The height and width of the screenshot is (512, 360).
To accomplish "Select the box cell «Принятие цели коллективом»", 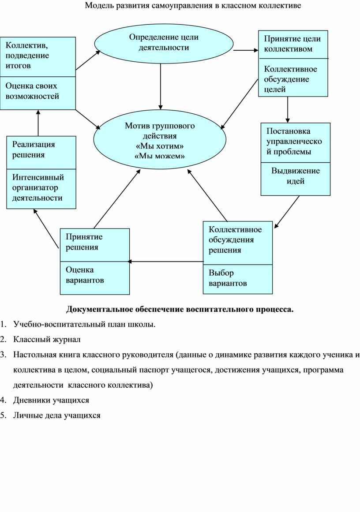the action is [293, 45].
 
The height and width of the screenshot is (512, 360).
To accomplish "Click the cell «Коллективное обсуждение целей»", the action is [293, 78].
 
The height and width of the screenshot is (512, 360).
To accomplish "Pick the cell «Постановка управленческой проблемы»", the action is [295, 143].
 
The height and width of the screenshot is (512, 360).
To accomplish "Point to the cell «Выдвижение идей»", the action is [295, 179].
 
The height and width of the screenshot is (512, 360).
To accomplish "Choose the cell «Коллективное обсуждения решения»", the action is [237, 243].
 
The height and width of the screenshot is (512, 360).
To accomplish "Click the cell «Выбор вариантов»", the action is [237, 279].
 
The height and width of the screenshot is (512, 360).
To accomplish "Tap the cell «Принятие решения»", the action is [95, 245].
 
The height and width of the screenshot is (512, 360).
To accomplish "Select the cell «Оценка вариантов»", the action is [95, 278].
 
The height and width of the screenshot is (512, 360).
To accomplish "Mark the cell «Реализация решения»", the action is [41, 153].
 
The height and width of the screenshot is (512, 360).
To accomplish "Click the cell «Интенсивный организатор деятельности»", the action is [41, 189].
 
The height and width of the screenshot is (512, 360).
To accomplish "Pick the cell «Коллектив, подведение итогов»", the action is [37, 57].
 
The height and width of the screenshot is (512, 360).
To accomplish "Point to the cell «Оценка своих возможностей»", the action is [37, 93].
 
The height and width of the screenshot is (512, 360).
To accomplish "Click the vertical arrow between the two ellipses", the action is [161, 86].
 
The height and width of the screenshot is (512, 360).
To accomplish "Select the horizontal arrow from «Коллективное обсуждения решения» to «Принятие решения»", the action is [165, 262].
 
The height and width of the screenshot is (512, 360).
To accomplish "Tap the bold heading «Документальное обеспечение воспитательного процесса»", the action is [180, 309].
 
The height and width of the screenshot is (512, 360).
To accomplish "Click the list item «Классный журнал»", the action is [47, 340].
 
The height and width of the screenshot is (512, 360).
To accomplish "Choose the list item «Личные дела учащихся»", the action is [57, 416].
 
